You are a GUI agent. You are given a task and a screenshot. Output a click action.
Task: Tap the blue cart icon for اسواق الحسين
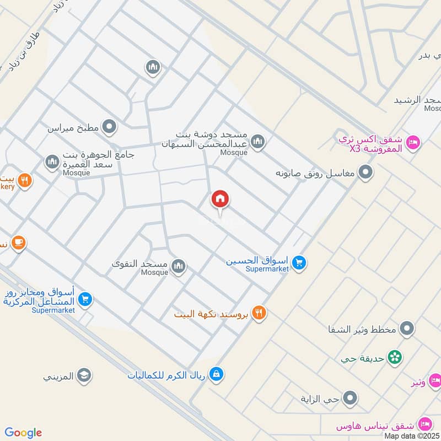299,262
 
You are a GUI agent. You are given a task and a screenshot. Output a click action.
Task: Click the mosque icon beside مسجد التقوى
178,267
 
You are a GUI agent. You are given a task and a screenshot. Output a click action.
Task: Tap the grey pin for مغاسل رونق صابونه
365,174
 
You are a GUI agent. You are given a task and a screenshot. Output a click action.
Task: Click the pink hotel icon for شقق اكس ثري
412,143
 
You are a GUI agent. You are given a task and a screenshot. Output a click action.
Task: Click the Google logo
23,433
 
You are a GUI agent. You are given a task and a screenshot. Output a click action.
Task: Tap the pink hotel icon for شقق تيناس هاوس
424,424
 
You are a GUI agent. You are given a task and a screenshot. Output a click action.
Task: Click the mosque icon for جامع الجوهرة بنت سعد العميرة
52,162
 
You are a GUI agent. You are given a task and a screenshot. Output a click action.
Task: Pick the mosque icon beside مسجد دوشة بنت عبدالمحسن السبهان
257,143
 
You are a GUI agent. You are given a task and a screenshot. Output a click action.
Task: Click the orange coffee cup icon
18,242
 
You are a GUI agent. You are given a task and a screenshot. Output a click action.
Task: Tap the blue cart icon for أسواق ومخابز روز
84,299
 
